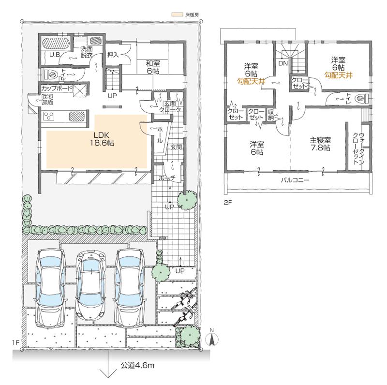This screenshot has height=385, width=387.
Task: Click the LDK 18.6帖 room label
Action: [x=97, y=139]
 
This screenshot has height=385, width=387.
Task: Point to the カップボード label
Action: [x=57, y=89]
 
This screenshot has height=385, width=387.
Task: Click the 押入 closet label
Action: [x=113, y=54]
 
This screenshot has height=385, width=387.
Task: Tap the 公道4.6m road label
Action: [x=137, y=365]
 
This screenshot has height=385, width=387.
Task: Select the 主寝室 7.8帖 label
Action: [x=320, y=145]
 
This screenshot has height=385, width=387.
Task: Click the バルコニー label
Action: [x=295, y=180]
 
